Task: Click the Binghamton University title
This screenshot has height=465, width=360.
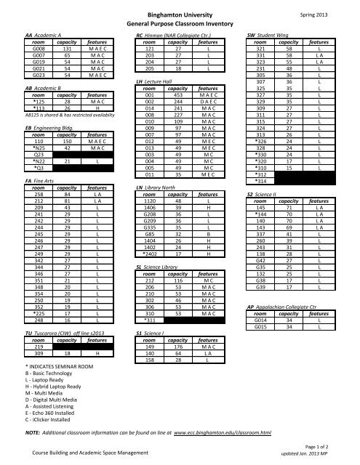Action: [179, 13]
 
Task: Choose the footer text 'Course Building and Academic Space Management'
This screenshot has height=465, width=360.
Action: [91, 453]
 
